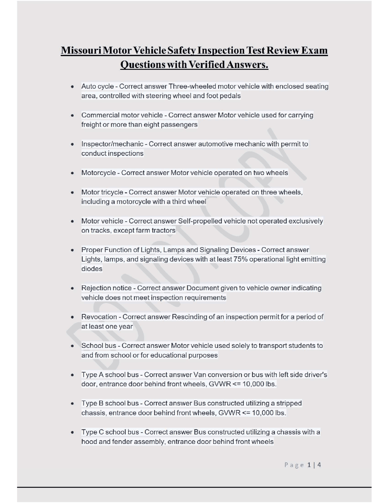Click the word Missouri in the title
[81, 50]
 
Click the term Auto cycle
[97, 86]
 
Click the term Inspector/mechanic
[112, 144]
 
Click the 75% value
[240, 259]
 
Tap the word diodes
[92, 269]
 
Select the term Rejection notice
[106, 288]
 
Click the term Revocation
[99, 317]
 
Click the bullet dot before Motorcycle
[72, 173]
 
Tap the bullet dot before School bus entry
[72, 346]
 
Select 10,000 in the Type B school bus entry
[263, 413]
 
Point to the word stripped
[289, 403]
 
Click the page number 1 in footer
[309, 465]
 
